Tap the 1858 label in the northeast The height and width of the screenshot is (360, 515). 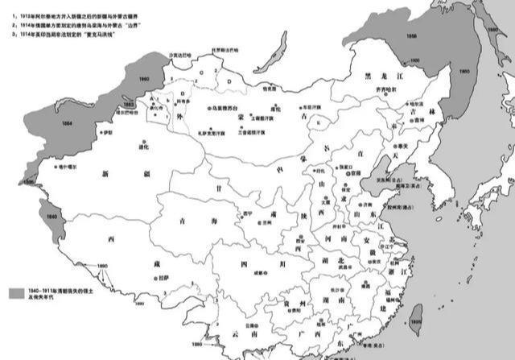(412, 35)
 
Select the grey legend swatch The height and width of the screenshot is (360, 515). (16, 293)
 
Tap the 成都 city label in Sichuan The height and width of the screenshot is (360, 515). (260, 272)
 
